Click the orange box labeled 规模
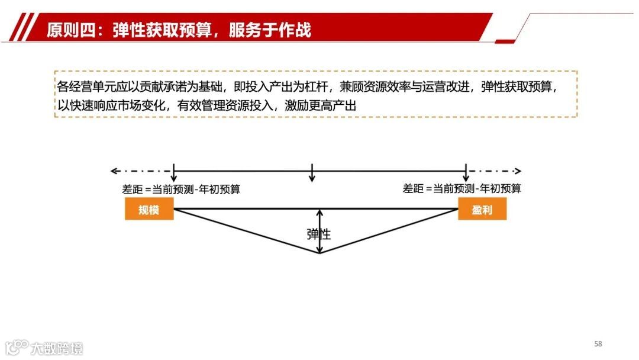click(x=149, y=210)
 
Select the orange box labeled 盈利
click(x=482, y=210)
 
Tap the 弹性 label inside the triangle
click(x=319, y=234)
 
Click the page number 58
click(x=598, y=344)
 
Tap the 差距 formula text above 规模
click(x=181, y=189)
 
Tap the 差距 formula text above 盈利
click(x=462, y=189)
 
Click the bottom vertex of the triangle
click(x=319, y=253)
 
